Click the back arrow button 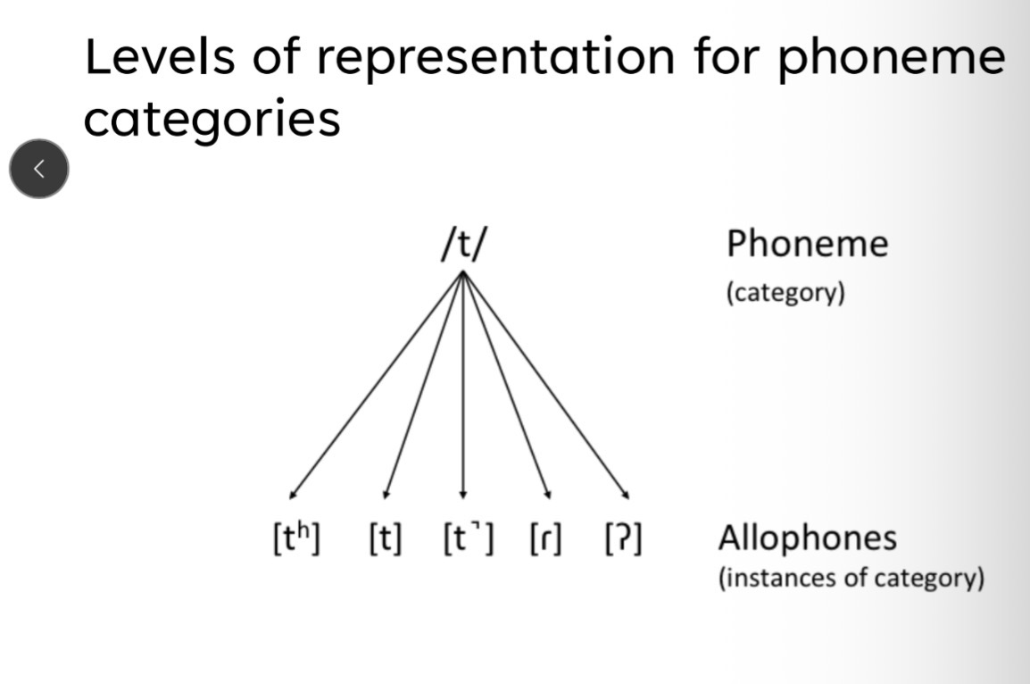38,169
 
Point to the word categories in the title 212,119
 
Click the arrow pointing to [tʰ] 375,385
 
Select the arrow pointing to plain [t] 422,385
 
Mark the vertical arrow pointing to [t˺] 462,385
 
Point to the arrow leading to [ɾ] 506,385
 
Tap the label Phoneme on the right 807,244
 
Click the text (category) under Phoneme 785,293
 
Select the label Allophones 808,538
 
